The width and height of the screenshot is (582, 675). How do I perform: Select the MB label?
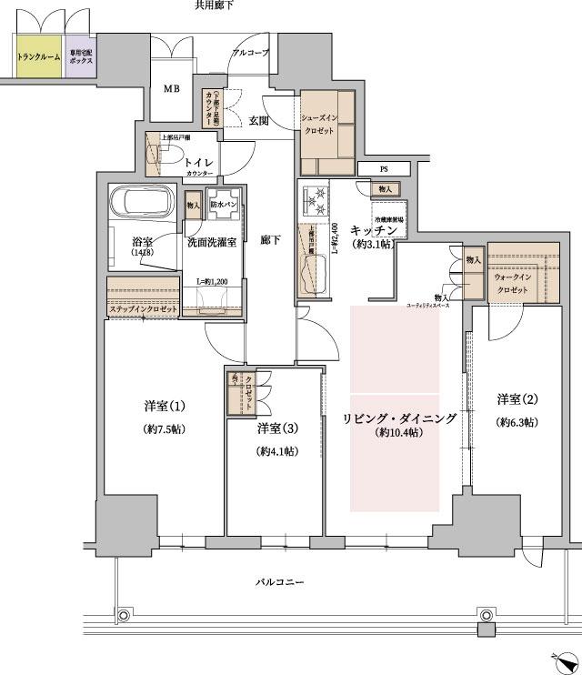click(172, 89)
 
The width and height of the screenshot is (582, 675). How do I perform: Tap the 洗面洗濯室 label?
click(213, 243)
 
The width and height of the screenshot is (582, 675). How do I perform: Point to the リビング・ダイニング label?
click(399, 418)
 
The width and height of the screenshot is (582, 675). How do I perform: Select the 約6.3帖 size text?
click(517, 422)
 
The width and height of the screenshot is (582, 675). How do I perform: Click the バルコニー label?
click(278, 581)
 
